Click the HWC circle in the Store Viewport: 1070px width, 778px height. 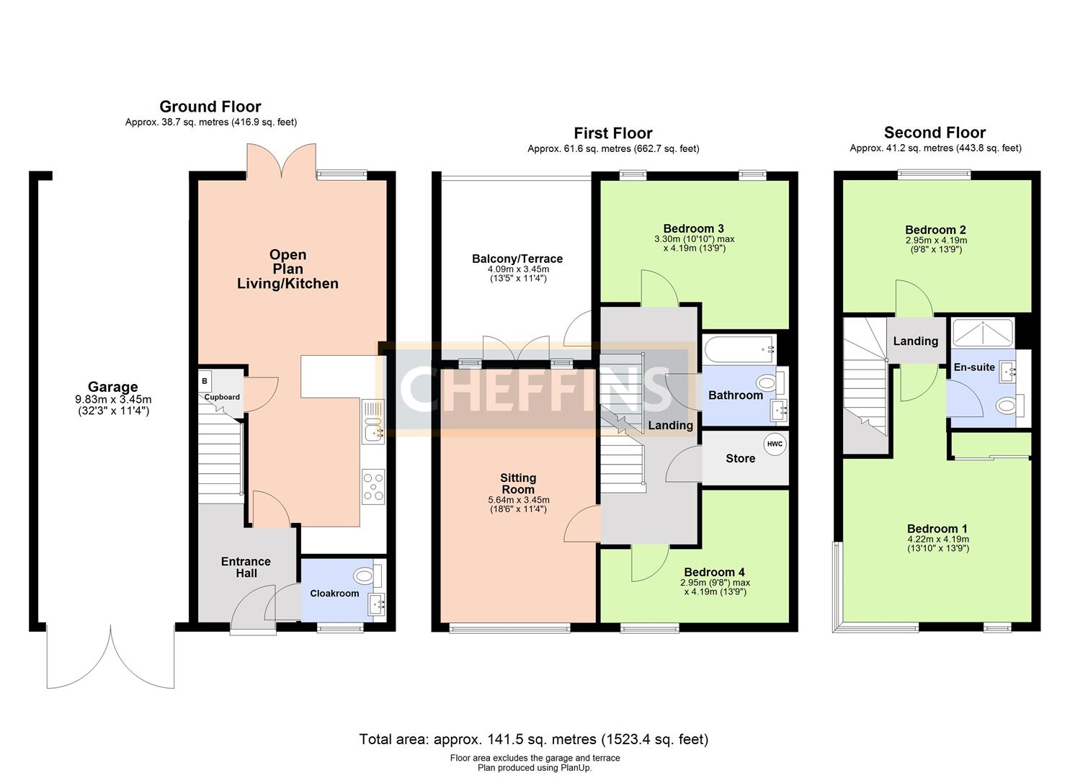coord(775,444)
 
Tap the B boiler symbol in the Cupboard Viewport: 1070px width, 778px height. coord(205,380)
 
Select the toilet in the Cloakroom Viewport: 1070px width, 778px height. coord(369,576)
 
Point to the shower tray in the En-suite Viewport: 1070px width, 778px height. coord(983,332)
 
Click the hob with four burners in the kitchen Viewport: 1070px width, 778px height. coord(373,487)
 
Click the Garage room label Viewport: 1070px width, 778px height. coord(112,386)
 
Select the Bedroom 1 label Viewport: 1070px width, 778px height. coord(937,529)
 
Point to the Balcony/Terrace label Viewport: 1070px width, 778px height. coord(517,259)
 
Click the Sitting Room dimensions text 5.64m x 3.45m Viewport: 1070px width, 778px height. coord(518,500)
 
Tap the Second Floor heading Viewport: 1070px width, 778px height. coord(935,133)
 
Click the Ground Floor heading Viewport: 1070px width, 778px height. coord(210,106)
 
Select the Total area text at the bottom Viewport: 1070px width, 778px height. coord(534,739)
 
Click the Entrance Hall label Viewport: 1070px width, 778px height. coord(246,568)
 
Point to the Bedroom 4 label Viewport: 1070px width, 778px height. coord(714,572)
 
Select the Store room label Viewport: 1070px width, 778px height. coord(741,458)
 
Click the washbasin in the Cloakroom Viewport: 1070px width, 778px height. coord(377,604)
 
